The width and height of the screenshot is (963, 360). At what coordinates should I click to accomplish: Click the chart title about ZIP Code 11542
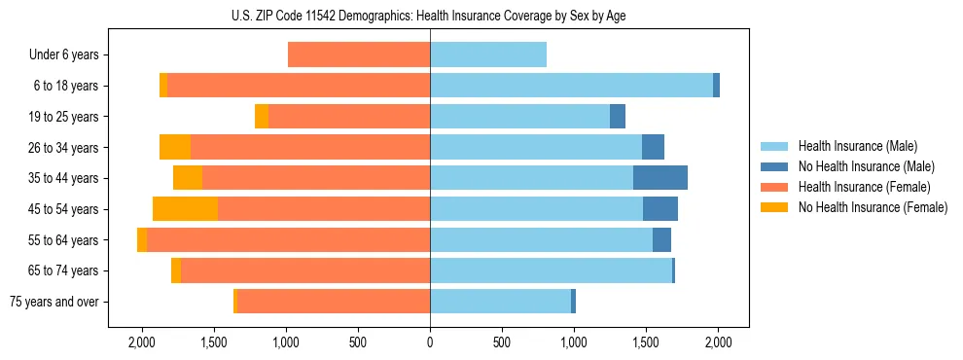point(428,15)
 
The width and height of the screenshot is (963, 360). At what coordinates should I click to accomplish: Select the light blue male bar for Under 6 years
point(488,54)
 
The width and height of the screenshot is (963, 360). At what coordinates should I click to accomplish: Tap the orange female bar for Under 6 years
point(359,54)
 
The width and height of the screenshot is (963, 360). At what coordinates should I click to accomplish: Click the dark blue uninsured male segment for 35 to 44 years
point(660,178)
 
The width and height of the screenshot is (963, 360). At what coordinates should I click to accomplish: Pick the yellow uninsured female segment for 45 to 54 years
point(185,209)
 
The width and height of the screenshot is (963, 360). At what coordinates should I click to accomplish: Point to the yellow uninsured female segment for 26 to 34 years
point(175,147)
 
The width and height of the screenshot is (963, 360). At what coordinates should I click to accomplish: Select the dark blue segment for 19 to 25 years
point(618,117)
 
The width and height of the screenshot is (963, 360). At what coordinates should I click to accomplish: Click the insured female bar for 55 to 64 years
point(288,240)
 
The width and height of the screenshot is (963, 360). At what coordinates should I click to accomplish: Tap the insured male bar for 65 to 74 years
point(551,270)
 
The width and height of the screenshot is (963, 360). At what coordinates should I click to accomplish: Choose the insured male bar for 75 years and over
point(500,302)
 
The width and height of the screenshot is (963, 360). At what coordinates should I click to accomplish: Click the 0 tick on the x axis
point(430,342)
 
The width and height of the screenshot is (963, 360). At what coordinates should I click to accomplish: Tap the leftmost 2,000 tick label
point(142,342)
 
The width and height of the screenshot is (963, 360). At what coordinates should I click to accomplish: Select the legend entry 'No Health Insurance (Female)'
point(873,207)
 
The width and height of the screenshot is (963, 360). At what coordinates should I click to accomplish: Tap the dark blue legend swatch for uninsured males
point(774,166)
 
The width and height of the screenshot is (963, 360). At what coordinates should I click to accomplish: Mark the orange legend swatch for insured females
point(774,187)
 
